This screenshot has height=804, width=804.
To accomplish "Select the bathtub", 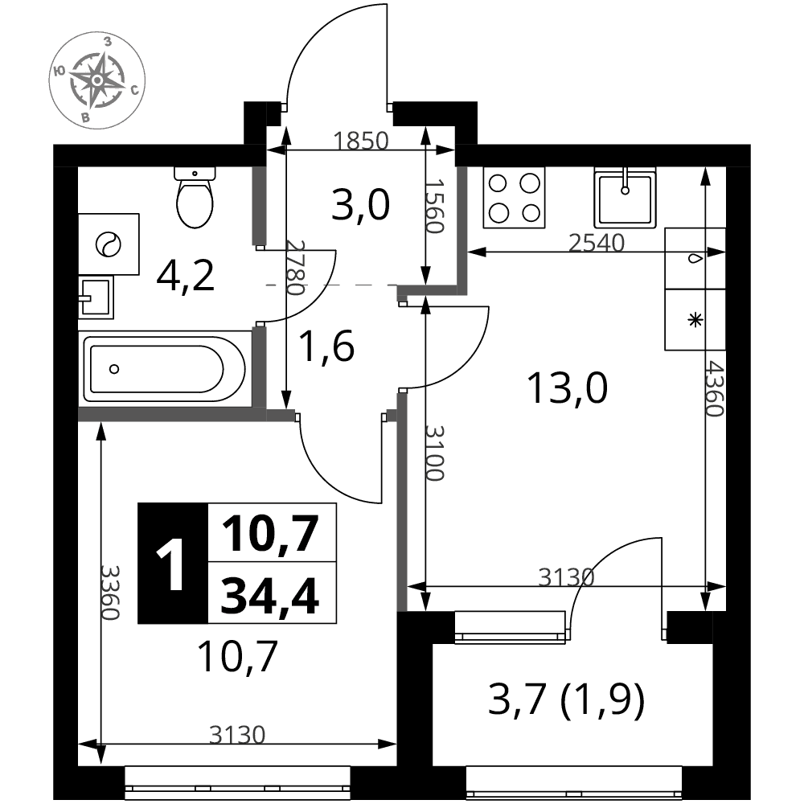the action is pyautogui.click(x=164, y=369).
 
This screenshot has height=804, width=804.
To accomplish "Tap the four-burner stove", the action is pyautogui.click(x=514, y=198).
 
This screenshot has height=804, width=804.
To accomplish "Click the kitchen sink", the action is pyautogui.click(x=625, y=198).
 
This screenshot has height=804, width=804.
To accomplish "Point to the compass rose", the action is pyautogui.click(x=97, y=80).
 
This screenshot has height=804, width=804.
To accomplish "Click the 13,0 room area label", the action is pyautogui.click(x=567, y=388).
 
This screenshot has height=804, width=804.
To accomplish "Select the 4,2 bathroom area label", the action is pyautogui.click(x=185, y=276).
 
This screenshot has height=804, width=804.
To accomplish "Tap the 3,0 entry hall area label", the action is pyautogui.click(x=360, y=204).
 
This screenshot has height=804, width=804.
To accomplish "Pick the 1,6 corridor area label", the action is pyautogui.click(x=326, y=346).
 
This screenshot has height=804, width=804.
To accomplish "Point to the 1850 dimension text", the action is pyautogui.click(x=361, y=141).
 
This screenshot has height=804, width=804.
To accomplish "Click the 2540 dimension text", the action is pyautogui.click(x=597, y=243).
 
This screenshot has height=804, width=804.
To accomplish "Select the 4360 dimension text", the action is pyautogui.click(x=713, y=388).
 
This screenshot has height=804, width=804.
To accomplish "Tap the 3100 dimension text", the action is pyautogui.click(x=434, y=453).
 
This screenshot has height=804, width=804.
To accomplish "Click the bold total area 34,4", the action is pyautogui.click(x=270, y=595).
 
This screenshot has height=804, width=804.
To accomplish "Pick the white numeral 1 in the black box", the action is pyautogui.click(x=171, y=564).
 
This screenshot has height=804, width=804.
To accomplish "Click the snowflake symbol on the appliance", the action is pyautogui.click(x=695, y=321).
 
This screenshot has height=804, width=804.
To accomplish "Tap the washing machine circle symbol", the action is pyautogui.click(x=109, y=244).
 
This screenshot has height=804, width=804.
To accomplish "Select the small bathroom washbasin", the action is pyautogui.click(x=96, y=297).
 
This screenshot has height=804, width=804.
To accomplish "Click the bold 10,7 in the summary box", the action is pyautogui.click(x=270, y=533).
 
